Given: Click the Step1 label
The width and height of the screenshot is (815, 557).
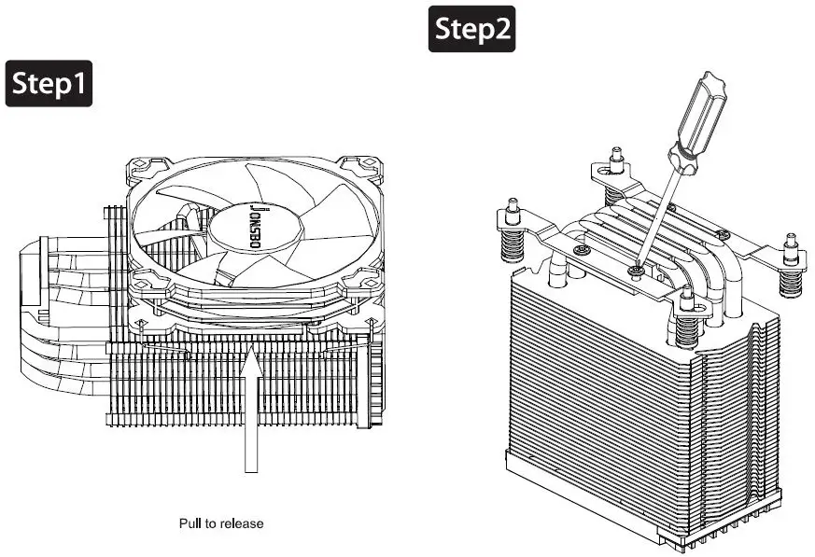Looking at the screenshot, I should (x=49, y=84).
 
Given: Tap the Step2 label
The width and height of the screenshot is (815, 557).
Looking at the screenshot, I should (x=472, y=30).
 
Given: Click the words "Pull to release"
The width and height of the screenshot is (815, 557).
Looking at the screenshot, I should (x=221, y=523).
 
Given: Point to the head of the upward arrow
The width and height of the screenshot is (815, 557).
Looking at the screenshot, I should (x=250, y=360).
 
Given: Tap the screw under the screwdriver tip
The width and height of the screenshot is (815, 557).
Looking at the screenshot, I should (x=637, y=271).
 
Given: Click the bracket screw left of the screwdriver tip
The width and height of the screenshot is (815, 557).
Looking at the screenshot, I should (x=582, y=251).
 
